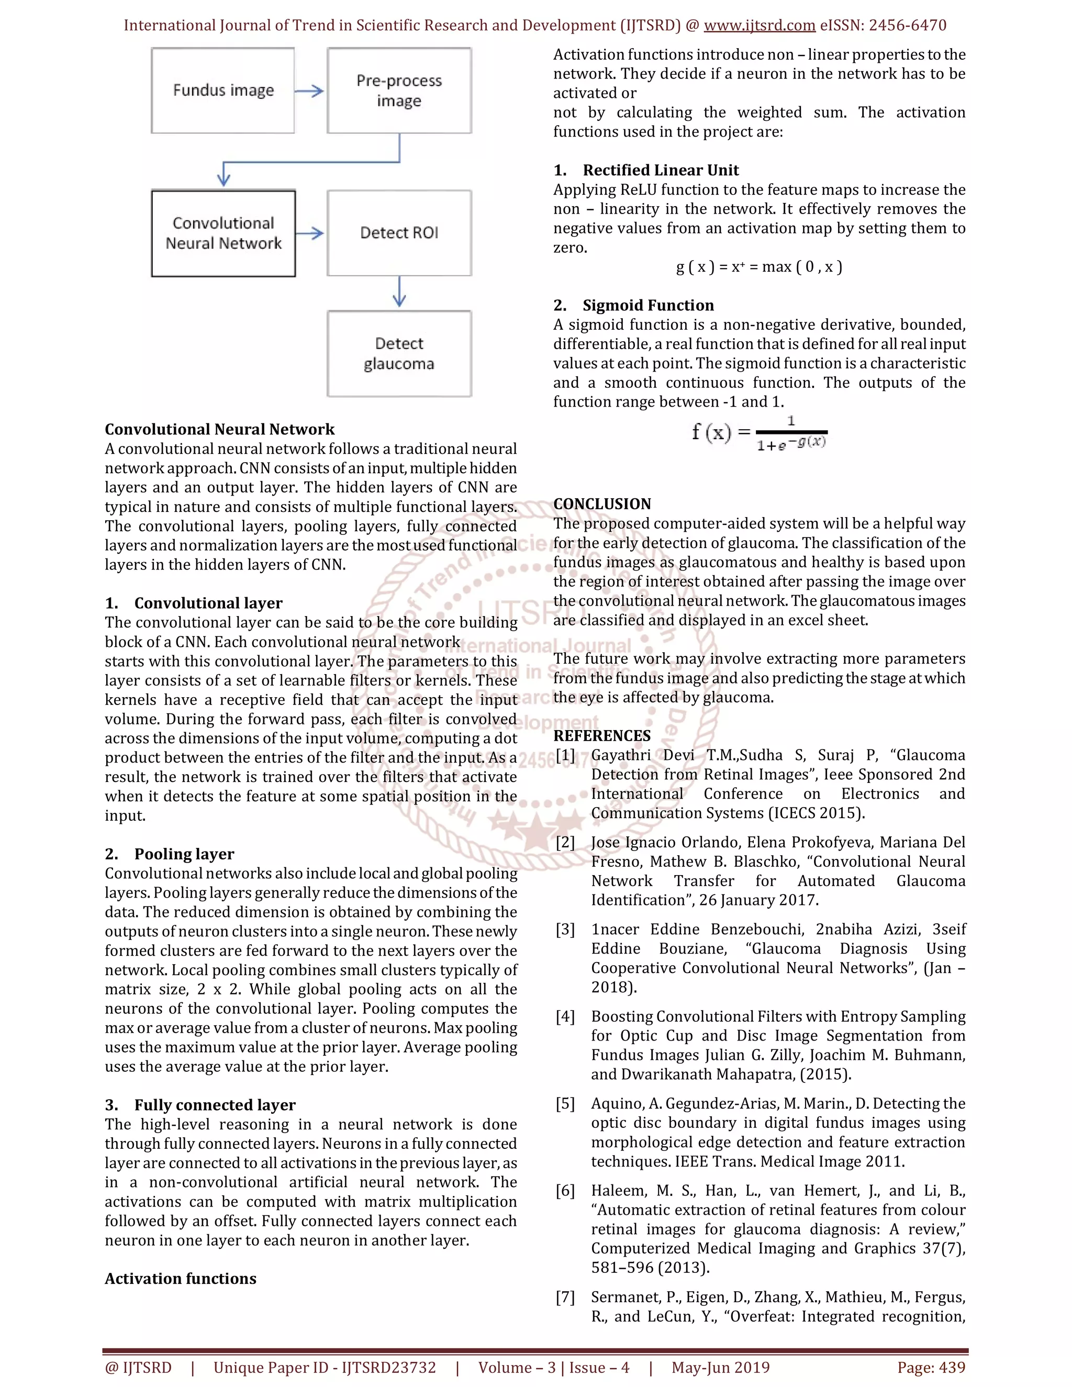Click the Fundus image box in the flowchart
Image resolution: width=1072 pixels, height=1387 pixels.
click(223, 90)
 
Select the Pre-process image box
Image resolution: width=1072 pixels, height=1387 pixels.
click(399, 90)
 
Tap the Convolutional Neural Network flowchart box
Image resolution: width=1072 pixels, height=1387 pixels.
click(223, 233)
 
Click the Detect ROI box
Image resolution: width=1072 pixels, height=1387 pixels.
click(399, 232)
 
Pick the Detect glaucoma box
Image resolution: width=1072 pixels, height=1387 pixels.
click(399, 353)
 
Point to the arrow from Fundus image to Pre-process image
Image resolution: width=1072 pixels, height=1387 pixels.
click(310, 91)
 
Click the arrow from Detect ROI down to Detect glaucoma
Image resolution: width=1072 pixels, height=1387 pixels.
click(399, 292)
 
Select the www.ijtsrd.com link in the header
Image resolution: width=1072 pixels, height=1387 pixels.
click(759, 26)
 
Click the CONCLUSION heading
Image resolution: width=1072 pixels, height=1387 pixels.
click(601, 504)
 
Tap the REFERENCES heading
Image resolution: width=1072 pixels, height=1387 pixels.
click(601, 735)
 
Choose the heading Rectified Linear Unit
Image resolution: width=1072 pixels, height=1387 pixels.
click(661, 170)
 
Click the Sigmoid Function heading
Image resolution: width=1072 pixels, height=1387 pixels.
click(648, 306)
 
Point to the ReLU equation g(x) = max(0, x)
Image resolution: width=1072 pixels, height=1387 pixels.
click(759, 267)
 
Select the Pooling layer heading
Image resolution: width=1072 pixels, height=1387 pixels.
click(184, 854)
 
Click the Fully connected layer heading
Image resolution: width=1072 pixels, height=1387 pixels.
click(215, 1104)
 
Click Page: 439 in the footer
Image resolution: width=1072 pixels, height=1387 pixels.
click(931, 1367)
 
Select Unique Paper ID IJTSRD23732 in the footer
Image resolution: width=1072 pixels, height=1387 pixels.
click(325, 1367)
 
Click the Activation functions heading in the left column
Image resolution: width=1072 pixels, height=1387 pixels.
click(181, 1279)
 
